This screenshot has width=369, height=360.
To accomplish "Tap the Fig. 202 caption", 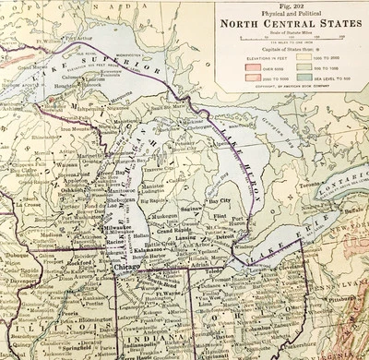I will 289,6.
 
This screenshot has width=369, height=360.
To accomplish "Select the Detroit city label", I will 222,238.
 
